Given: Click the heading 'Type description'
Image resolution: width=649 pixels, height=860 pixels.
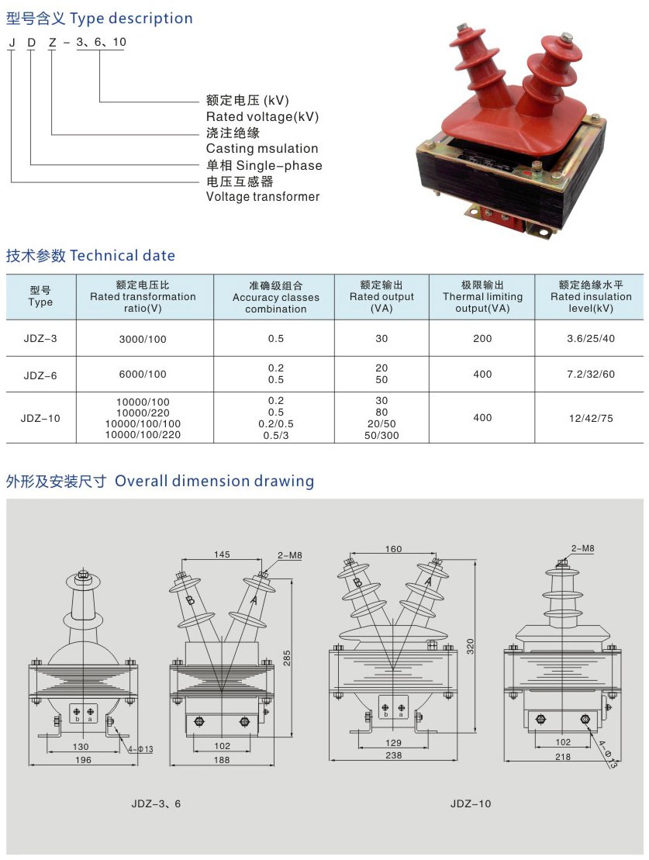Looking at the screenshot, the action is point(131,19).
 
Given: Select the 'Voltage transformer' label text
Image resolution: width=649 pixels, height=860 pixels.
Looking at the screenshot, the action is point(263,197).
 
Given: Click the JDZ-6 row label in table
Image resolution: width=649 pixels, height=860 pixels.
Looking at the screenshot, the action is point(40,375).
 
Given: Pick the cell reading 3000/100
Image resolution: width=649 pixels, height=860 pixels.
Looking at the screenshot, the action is point(143,339).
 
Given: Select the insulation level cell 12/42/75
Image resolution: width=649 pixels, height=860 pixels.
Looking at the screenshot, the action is point(591,419).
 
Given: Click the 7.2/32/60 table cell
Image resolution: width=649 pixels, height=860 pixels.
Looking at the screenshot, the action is point(591,375).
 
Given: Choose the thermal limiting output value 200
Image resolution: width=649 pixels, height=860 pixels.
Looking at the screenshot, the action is point(482,339).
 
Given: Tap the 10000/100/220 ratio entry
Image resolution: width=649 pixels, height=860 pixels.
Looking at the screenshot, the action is point(143,435).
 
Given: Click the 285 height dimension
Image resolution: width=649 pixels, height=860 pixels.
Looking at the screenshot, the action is point(287,658).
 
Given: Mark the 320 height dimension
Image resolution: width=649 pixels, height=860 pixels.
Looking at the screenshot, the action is point(470,646).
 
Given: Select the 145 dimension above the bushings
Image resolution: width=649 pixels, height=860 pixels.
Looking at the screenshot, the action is point(222,554).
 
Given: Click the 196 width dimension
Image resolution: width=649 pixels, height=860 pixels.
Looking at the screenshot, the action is point(83,760).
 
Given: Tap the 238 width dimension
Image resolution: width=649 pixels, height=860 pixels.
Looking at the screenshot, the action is point(393,755).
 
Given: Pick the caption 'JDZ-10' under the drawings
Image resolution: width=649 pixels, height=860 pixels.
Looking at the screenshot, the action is point(471,804).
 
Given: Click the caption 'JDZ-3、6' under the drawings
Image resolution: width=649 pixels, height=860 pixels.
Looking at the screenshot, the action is point(156,804).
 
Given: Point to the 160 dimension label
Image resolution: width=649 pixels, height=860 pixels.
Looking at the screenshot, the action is point(393,549).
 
